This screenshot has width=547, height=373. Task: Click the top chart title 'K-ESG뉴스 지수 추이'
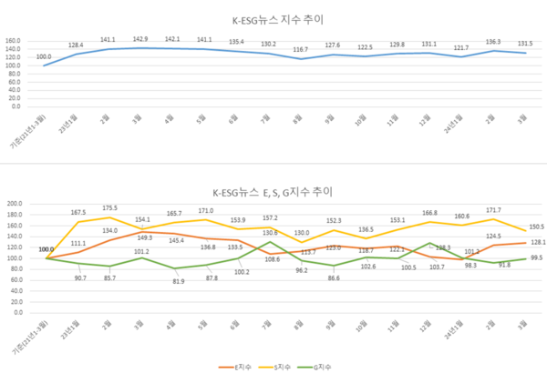point(273,18)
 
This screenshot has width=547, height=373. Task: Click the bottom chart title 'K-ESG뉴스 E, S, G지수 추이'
point(273,193)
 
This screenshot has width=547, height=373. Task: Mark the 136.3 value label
point(493,40)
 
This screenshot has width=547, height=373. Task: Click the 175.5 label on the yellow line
point(108,208)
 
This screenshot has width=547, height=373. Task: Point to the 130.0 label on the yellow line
point(301,233)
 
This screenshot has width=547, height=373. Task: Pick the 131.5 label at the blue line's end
point(526,43)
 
